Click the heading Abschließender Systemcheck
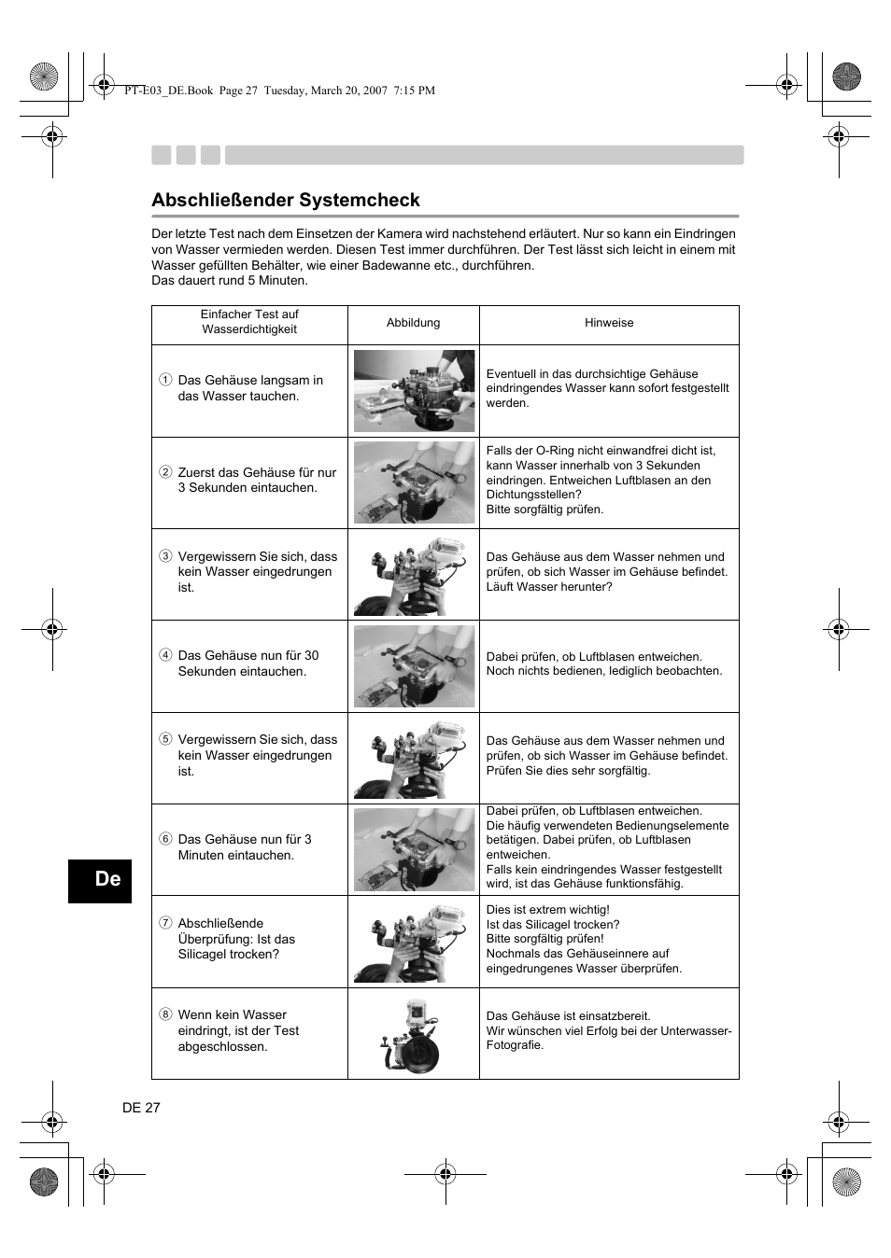click(x=286, y=200)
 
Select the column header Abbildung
click(x=413, y=323)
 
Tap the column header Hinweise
click(x=609, y=323)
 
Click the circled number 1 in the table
click(x=165, y=380)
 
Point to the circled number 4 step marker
click(x=165, y=655)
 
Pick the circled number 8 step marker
click(x=165, y=1014)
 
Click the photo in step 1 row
click(x=414, y=391)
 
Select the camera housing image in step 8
click(x=415, y=1035)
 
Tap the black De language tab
click(x=100, y=880)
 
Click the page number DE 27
click(x=141, y=1108)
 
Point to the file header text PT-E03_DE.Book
click(x=168, y=91)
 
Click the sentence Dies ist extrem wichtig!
click(x=548, y=910)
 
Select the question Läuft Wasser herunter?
click(x=549, y=587)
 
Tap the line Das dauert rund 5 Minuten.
click(x=230, y=281)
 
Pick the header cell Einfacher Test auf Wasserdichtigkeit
click(x=249, y=322)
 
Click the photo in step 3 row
click(x=414, y=575)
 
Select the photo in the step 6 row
click(x=414, y=850)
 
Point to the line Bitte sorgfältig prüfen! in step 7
click(x=544, y=939)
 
